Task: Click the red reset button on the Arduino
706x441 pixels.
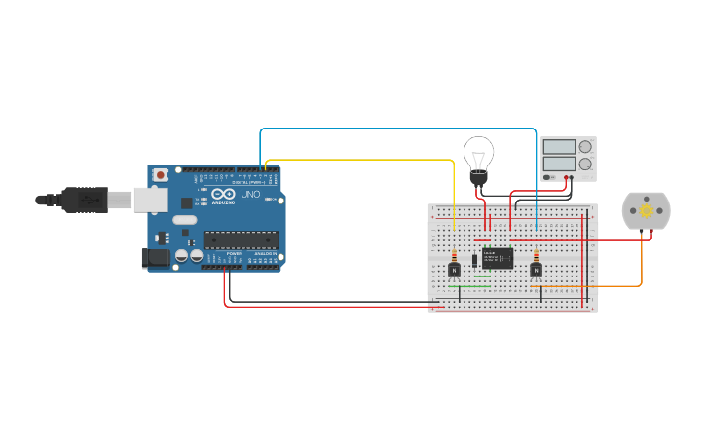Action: [160, 175]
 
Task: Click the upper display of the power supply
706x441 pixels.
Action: [559, 147]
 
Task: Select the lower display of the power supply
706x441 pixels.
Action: [559, 164]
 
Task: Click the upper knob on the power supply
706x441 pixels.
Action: [585, 147]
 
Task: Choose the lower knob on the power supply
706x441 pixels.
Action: [585, 164]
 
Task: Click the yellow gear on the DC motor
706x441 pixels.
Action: [646, 211]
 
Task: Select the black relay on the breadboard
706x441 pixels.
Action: [498, 258]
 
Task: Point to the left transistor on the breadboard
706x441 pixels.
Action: [454, 270]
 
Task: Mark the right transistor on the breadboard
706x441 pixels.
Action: [536, 270]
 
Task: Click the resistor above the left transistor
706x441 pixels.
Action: [454, 255]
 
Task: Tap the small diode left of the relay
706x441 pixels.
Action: [474, 259]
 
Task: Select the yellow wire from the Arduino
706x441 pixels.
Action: [360, 160]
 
